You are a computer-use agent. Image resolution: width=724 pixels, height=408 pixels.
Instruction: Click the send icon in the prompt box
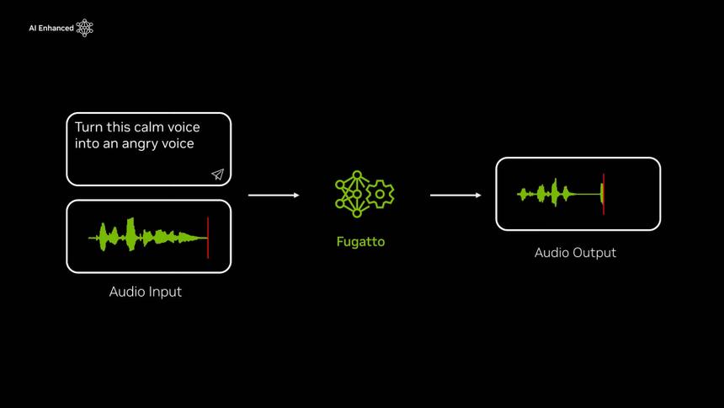(217, 174)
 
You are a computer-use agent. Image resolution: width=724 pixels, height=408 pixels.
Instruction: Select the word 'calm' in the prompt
(150, 127)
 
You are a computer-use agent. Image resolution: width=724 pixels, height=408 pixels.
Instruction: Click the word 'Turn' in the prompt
(89, 127)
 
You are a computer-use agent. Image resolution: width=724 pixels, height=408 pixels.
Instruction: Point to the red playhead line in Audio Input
(208, 237)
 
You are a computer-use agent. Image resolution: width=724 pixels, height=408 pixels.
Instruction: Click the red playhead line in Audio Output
(604, 194)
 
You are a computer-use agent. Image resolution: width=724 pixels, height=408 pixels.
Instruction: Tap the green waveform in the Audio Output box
(551, 194)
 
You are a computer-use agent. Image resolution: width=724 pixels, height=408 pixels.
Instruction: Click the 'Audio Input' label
(146, 292)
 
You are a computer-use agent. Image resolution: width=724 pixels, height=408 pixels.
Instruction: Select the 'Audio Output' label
(575, 253)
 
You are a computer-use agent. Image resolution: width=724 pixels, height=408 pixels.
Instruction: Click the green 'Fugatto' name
(360, 242)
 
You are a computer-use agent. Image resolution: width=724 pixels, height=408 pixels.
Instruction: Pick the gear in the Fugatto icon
(381, 194)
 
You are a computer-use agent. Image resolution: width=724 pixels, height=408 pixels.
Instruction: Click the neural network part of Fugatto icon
(352, 194)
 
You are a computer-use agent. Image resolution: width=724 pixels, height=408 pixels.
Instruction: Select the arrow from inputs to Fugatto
(274, 195)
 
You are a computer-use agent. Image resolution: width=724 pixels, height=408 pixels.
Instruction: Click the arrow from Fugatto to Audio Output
(455, 195)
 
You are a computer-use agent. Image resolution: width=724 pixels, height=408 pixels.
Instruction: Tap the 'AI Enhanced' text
(51, 29)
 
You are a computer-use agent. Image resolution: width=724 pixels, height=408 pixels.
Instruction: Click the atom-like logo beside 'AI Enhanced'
(84, 29)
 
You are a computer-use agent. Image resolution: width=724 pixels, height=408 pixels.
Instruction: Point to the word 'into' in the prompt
(87, 144)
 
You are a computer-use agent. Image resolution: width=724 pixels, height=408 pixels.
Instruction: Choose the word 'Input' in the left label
(165, 292)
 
